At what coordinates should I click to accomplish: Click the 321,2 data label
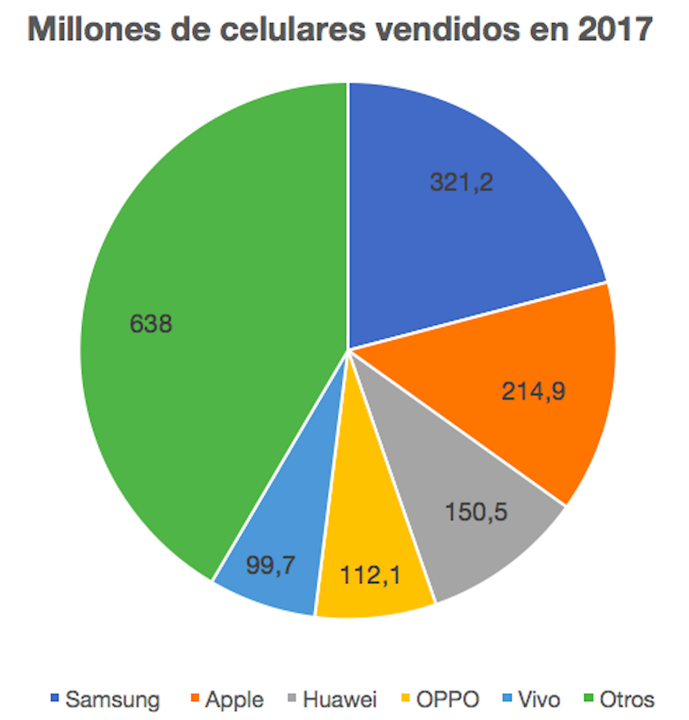coord(461,182)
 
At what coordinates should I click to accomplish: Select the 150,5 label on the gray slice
coord(476,512)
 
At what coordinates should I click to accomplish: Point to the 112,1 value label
coord(370,575)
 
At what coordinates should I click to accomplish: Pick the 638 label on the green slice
coord(151,323)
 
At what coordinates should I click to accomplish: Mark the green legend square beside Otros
coord(589,697)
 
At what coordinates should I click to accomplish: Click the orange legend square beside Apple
coord(195,697)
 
